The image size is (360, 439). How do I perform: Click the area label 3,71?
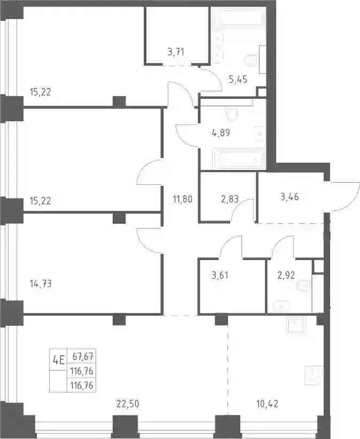point(176,52)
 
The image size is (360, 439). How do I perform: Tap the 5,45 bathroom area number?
point(238,80)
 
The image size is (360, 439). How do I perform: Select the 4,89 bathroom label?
point(221,132)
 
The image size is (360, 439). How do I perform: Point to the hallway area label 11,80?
point(183,199)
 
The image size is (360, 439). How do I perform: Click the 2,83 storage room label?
point(230,199)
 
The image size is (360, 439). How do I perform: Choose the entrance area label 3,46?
point(289,197)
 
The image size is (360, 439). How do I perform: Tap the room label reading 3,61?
point(220,275)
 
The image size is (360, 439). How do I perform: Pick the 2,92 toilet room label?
point(286,275)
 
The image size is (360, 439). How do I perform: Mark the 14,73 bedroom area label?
point(41,284)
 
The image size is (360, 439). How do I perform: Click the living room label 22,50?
point(128,404)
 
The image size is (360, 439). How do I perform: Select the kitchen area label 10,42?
point(267,404)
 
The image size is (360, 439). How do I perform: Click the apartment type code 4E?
point(59,359)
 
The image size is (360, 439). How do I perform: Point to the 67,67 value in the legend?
point(83,357)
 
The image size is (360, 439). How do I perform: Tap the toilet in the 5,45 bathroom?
point(251,60)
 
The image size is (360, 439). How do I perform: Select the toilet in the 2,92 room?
point(303,286)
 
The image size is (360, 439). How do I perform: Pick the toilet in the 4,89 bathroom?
point(231,114)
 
